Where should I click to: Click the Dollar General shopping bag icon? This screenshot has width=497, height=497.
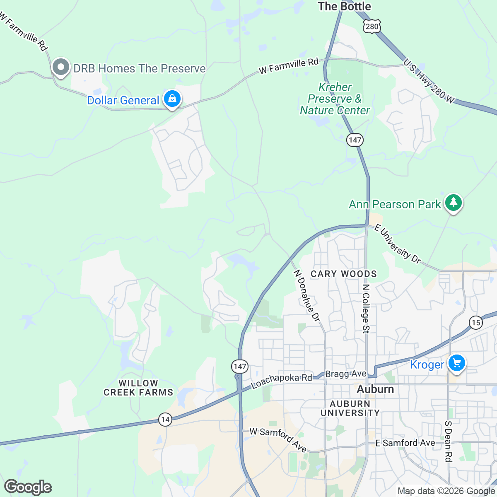pos(172,99)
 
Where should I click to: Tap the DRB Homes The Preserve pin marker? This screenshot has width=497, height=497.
pos(61,67)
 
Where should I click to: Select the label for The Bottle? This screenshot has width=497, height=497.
pos(344,7)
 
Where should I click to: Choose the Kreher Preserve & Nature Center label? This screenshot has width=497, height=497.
pos(335,99)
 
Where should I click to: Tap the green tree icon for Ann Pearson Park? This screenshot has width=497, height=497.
pos(454,203)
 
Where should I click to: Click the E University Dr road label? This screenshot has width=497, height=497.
pos(398,244)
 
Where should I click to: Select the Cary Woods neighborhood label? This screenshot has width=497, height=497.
pos(344,274)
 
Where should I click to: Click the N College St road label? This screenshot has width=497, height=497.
pos(365,309)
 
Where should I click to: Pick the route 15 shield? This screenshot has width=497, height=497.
pos(476,323)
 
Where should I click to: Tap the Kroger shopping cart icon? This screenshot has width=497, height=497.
pos(456,364)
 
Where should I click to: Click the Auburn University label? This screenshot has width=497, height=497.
pos(350,408)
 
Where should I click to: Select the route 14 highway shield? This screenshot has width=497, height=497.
pos(165,420)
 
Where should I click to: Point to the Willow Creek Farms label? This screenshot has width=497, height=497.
pos(138,388)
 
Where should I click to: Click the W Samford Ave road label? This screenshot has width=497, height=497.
pos(278,439)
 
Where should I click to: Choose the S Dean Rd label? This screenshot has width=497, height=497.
pos(448,442)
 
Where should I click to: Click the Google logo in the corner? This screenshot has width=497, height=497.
pos(28,487)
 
